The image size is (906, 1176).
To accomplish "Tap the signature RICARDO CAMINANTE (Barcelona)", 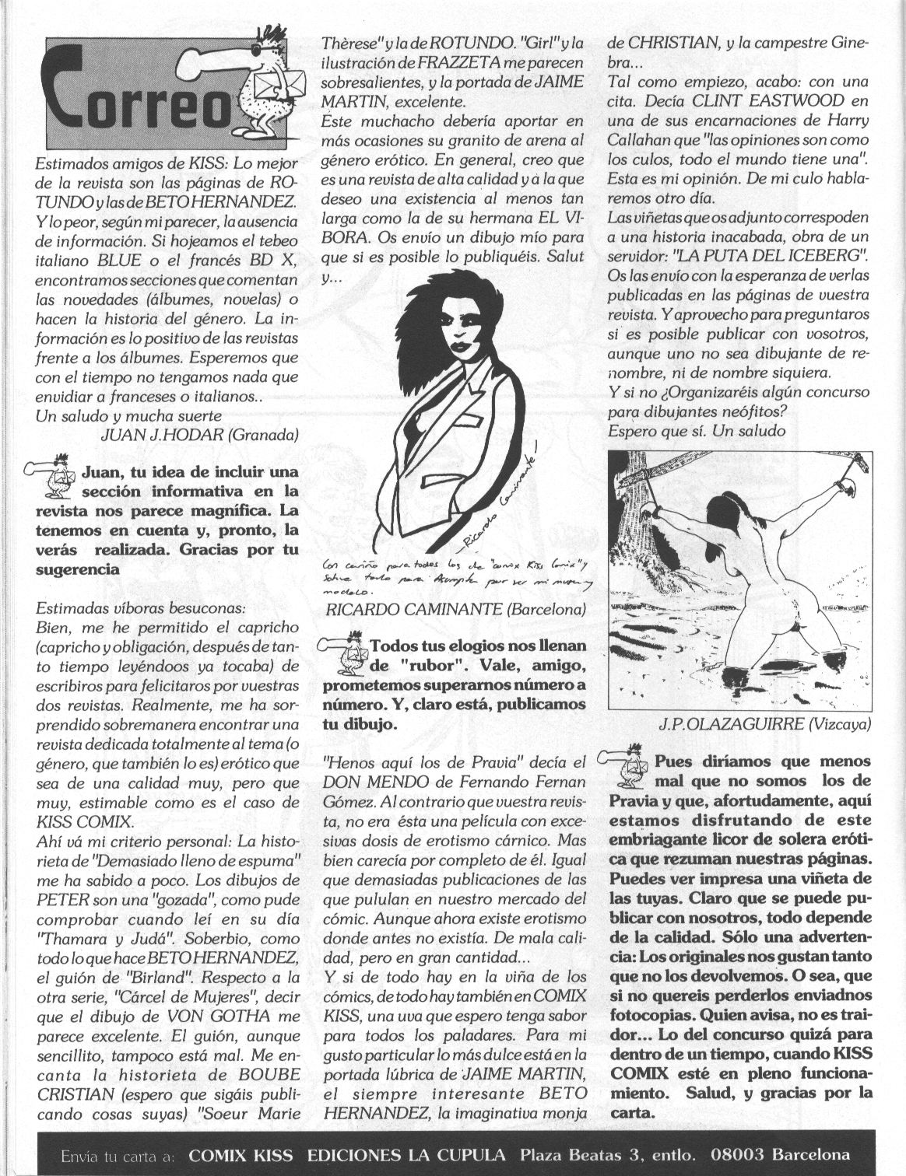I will (445, 608).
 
